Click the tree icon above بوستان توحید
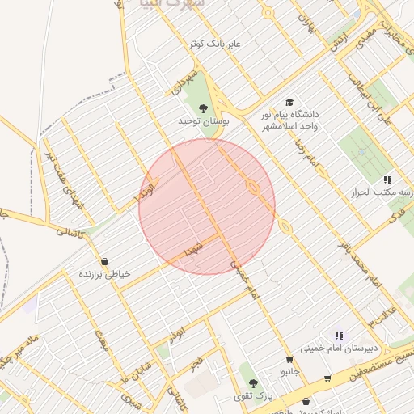(x=203, y=107)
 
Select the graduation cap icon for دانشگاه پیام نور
(x=289, y=103)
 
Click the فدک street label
(x=397, y=214)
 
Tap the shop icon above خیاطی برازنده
(x=107, y=261)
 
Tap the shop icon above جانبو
(x=289, y=360)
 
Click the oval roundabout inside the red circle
(x=253, y=188)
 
